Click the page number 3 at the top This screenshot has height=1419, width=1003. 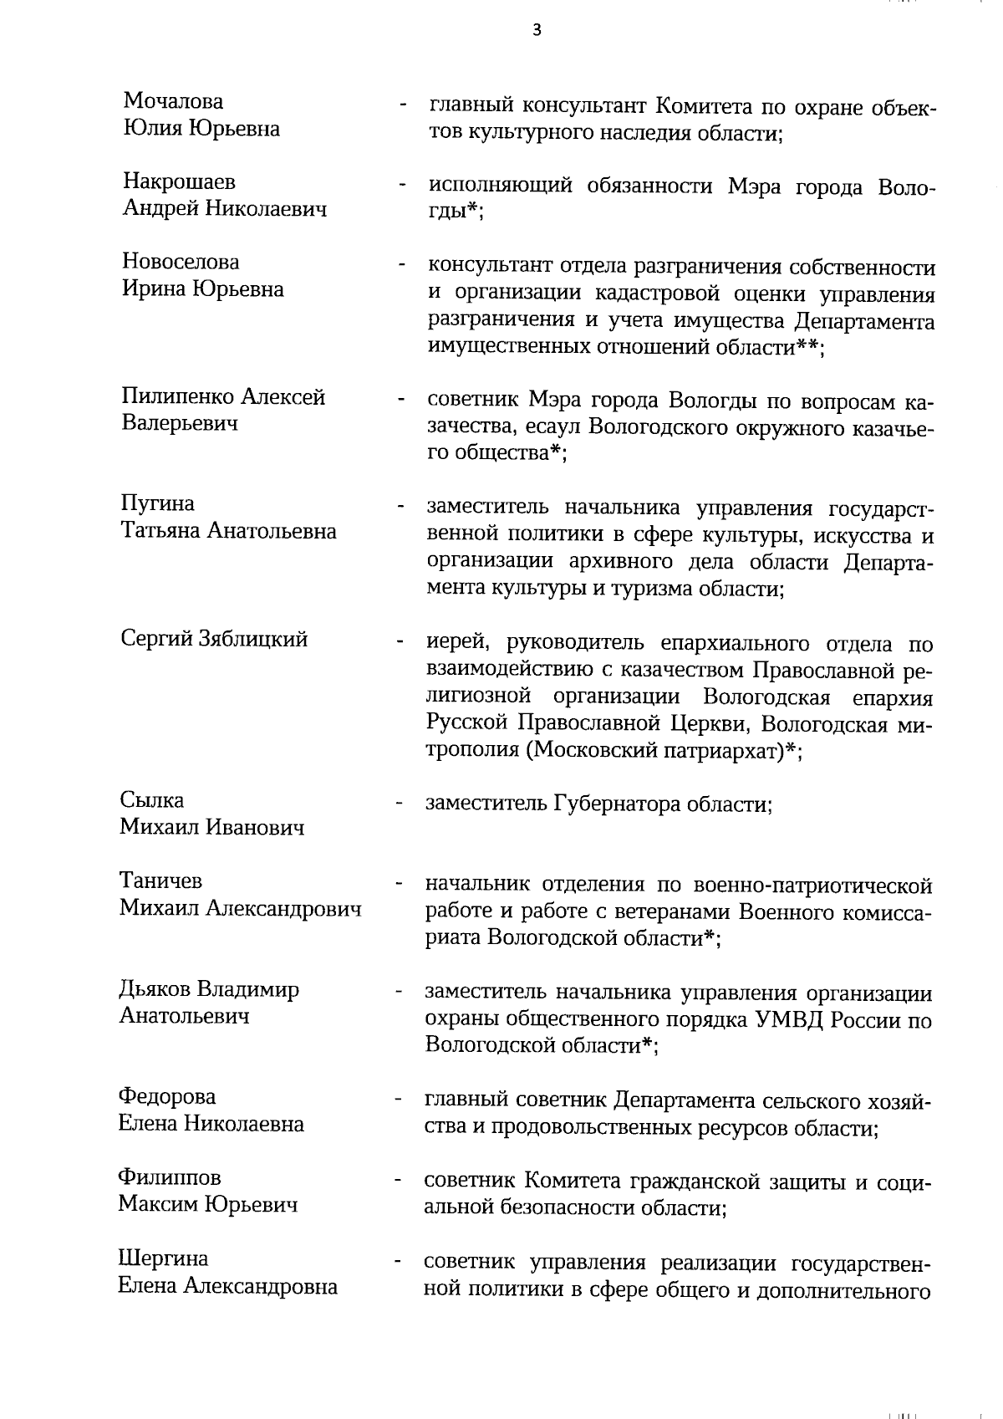(536, 30)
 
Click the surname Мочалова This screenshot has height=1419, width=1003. (174, 102)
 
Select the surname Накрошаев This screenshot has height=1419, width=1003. (179, 182)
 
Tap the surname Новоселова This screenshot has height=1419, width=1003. (181, 262)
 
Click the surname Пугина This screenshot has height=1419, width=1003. (158, 503)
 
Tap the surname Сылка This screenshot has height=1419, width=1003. (151, 800)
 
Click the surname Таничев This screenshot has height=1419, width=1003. (160, 881)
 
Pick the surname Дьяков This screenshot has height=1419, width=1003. (155, 990)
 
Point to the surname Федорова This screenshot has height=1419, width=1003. (167, 1097)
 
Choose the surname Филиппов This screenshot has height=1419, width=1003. (170, 1178)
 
